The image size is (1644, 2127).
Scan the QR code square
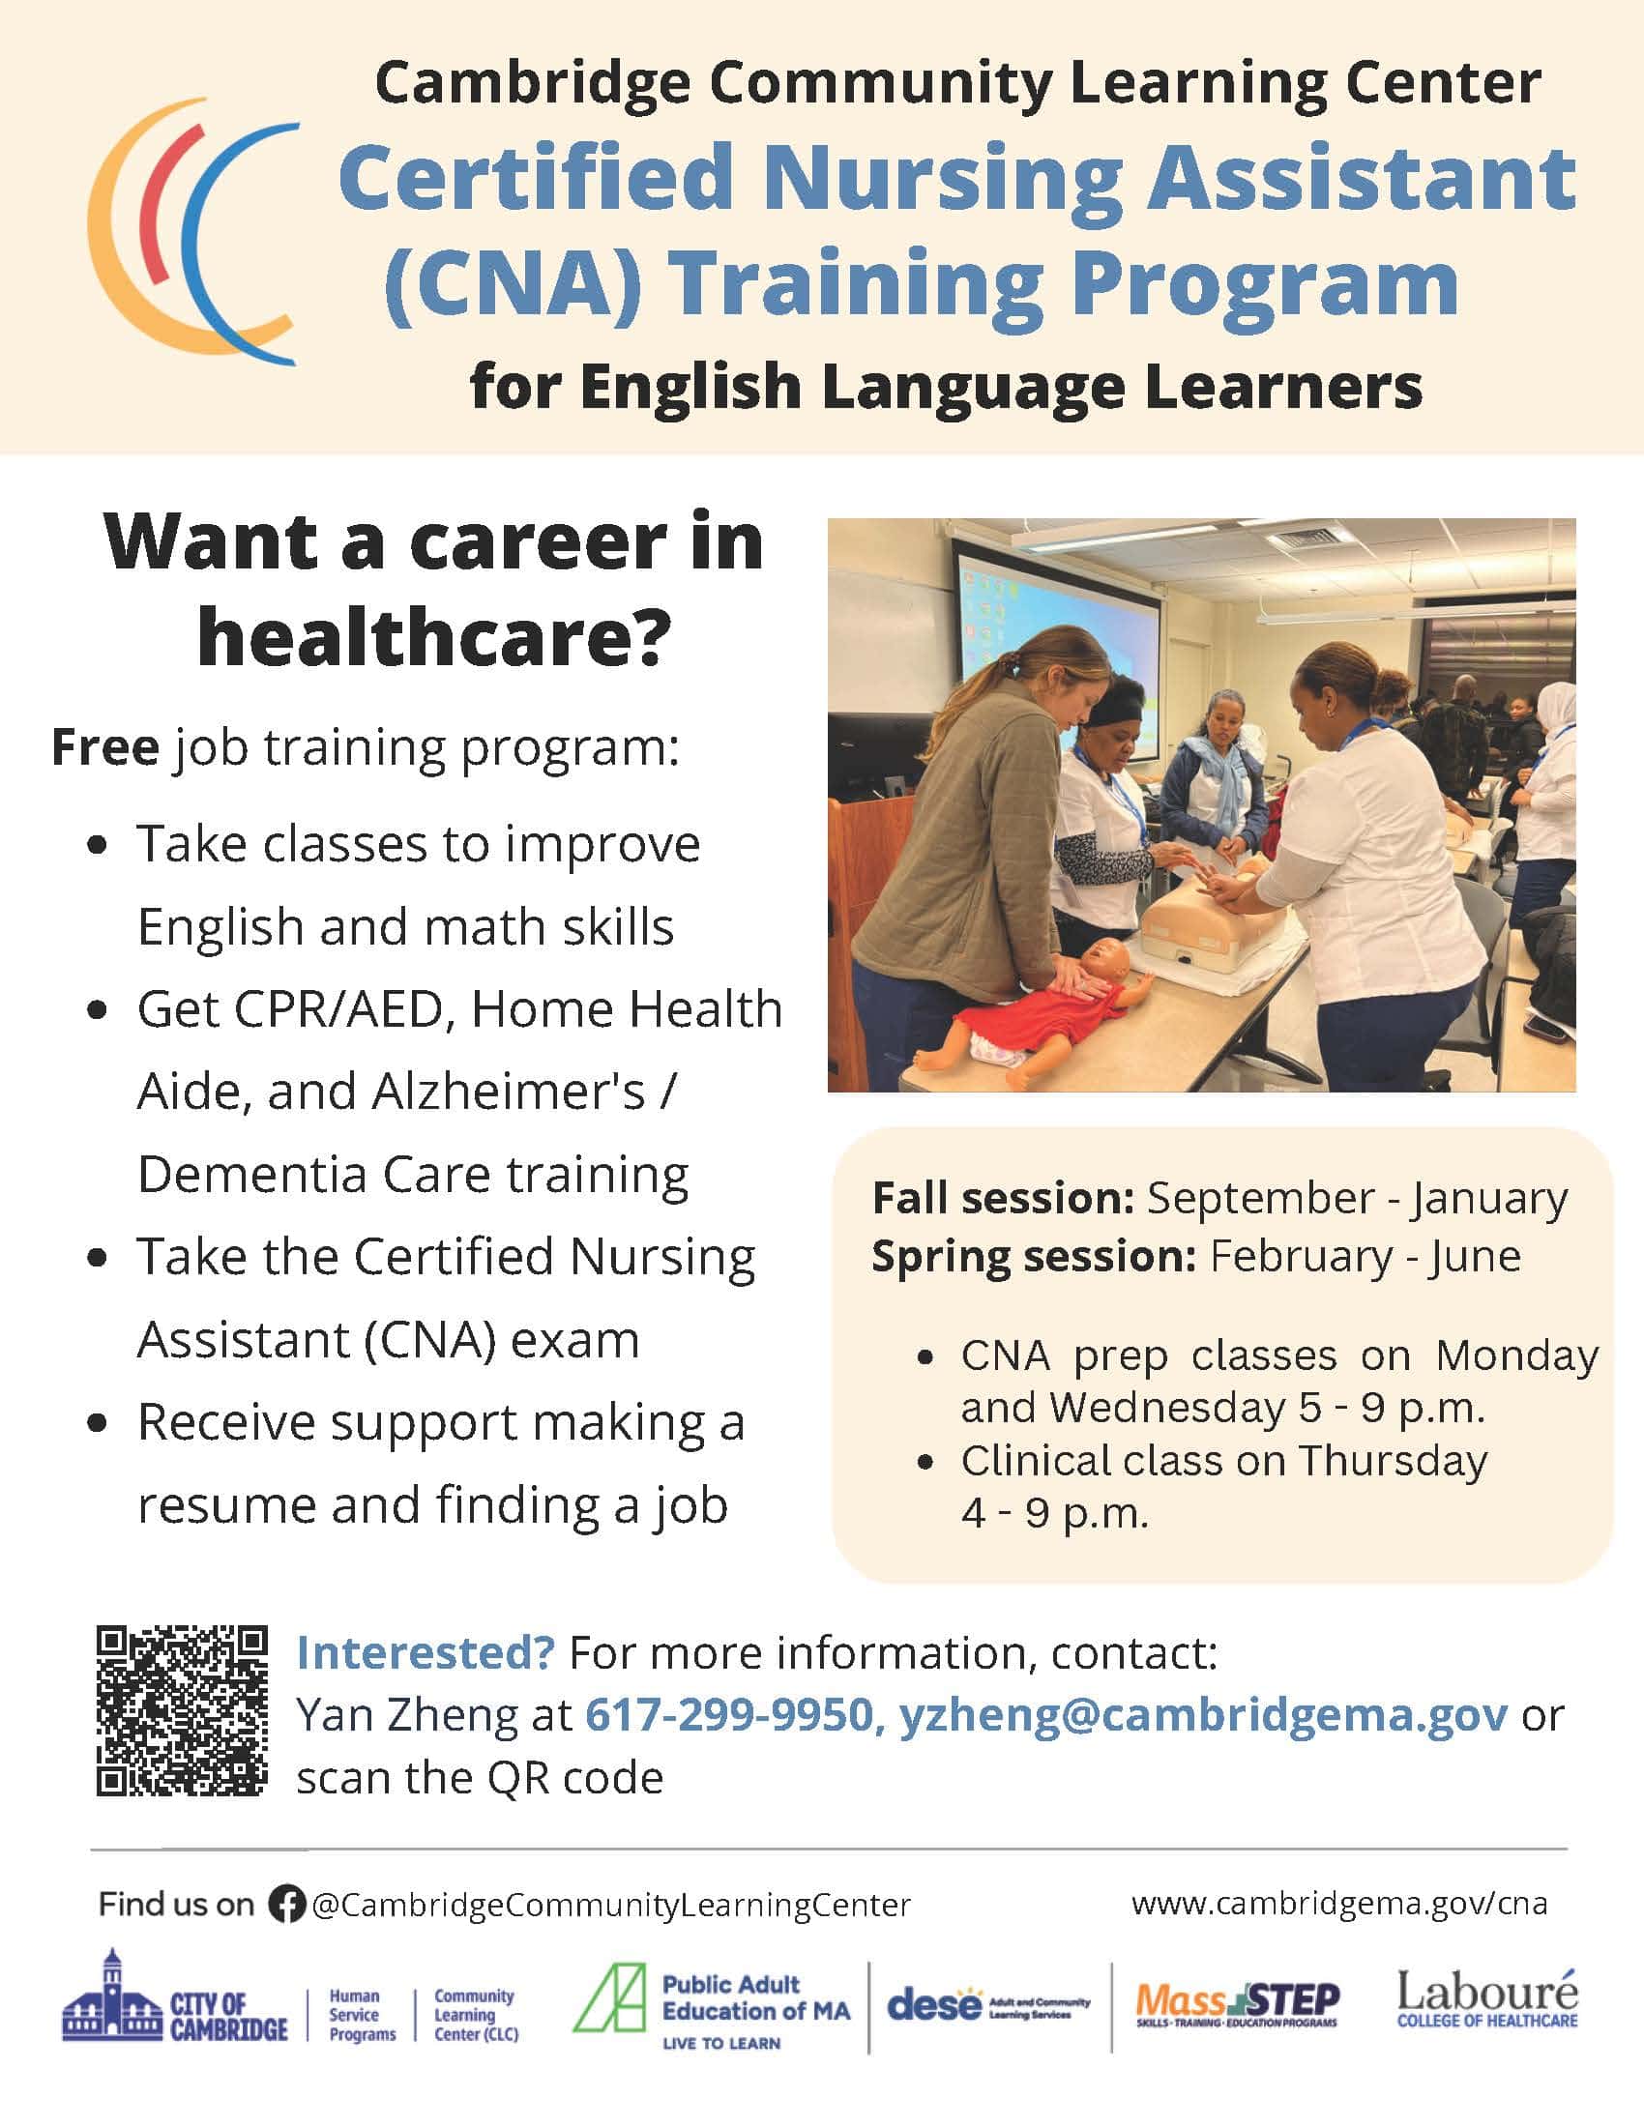181,1712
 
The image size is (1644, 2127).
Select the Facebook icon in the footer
286,1905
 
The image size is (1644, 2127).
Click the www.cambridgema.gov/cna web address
1339,1903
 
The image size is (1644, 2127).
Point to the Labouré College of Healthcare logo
1487,1998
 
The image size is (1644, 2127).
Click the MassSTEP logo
1238,2004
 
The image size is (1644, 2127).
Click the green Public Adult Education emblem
608,1997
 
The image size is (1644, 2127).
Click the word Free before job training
105,748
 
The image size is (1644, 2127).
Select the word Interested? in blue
426,1652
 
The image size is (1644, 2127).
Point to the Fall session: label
1003,1198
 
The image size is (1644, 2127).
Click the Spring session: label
1034,1256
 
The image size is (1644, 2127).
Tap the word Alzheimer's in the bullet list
505,1092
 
